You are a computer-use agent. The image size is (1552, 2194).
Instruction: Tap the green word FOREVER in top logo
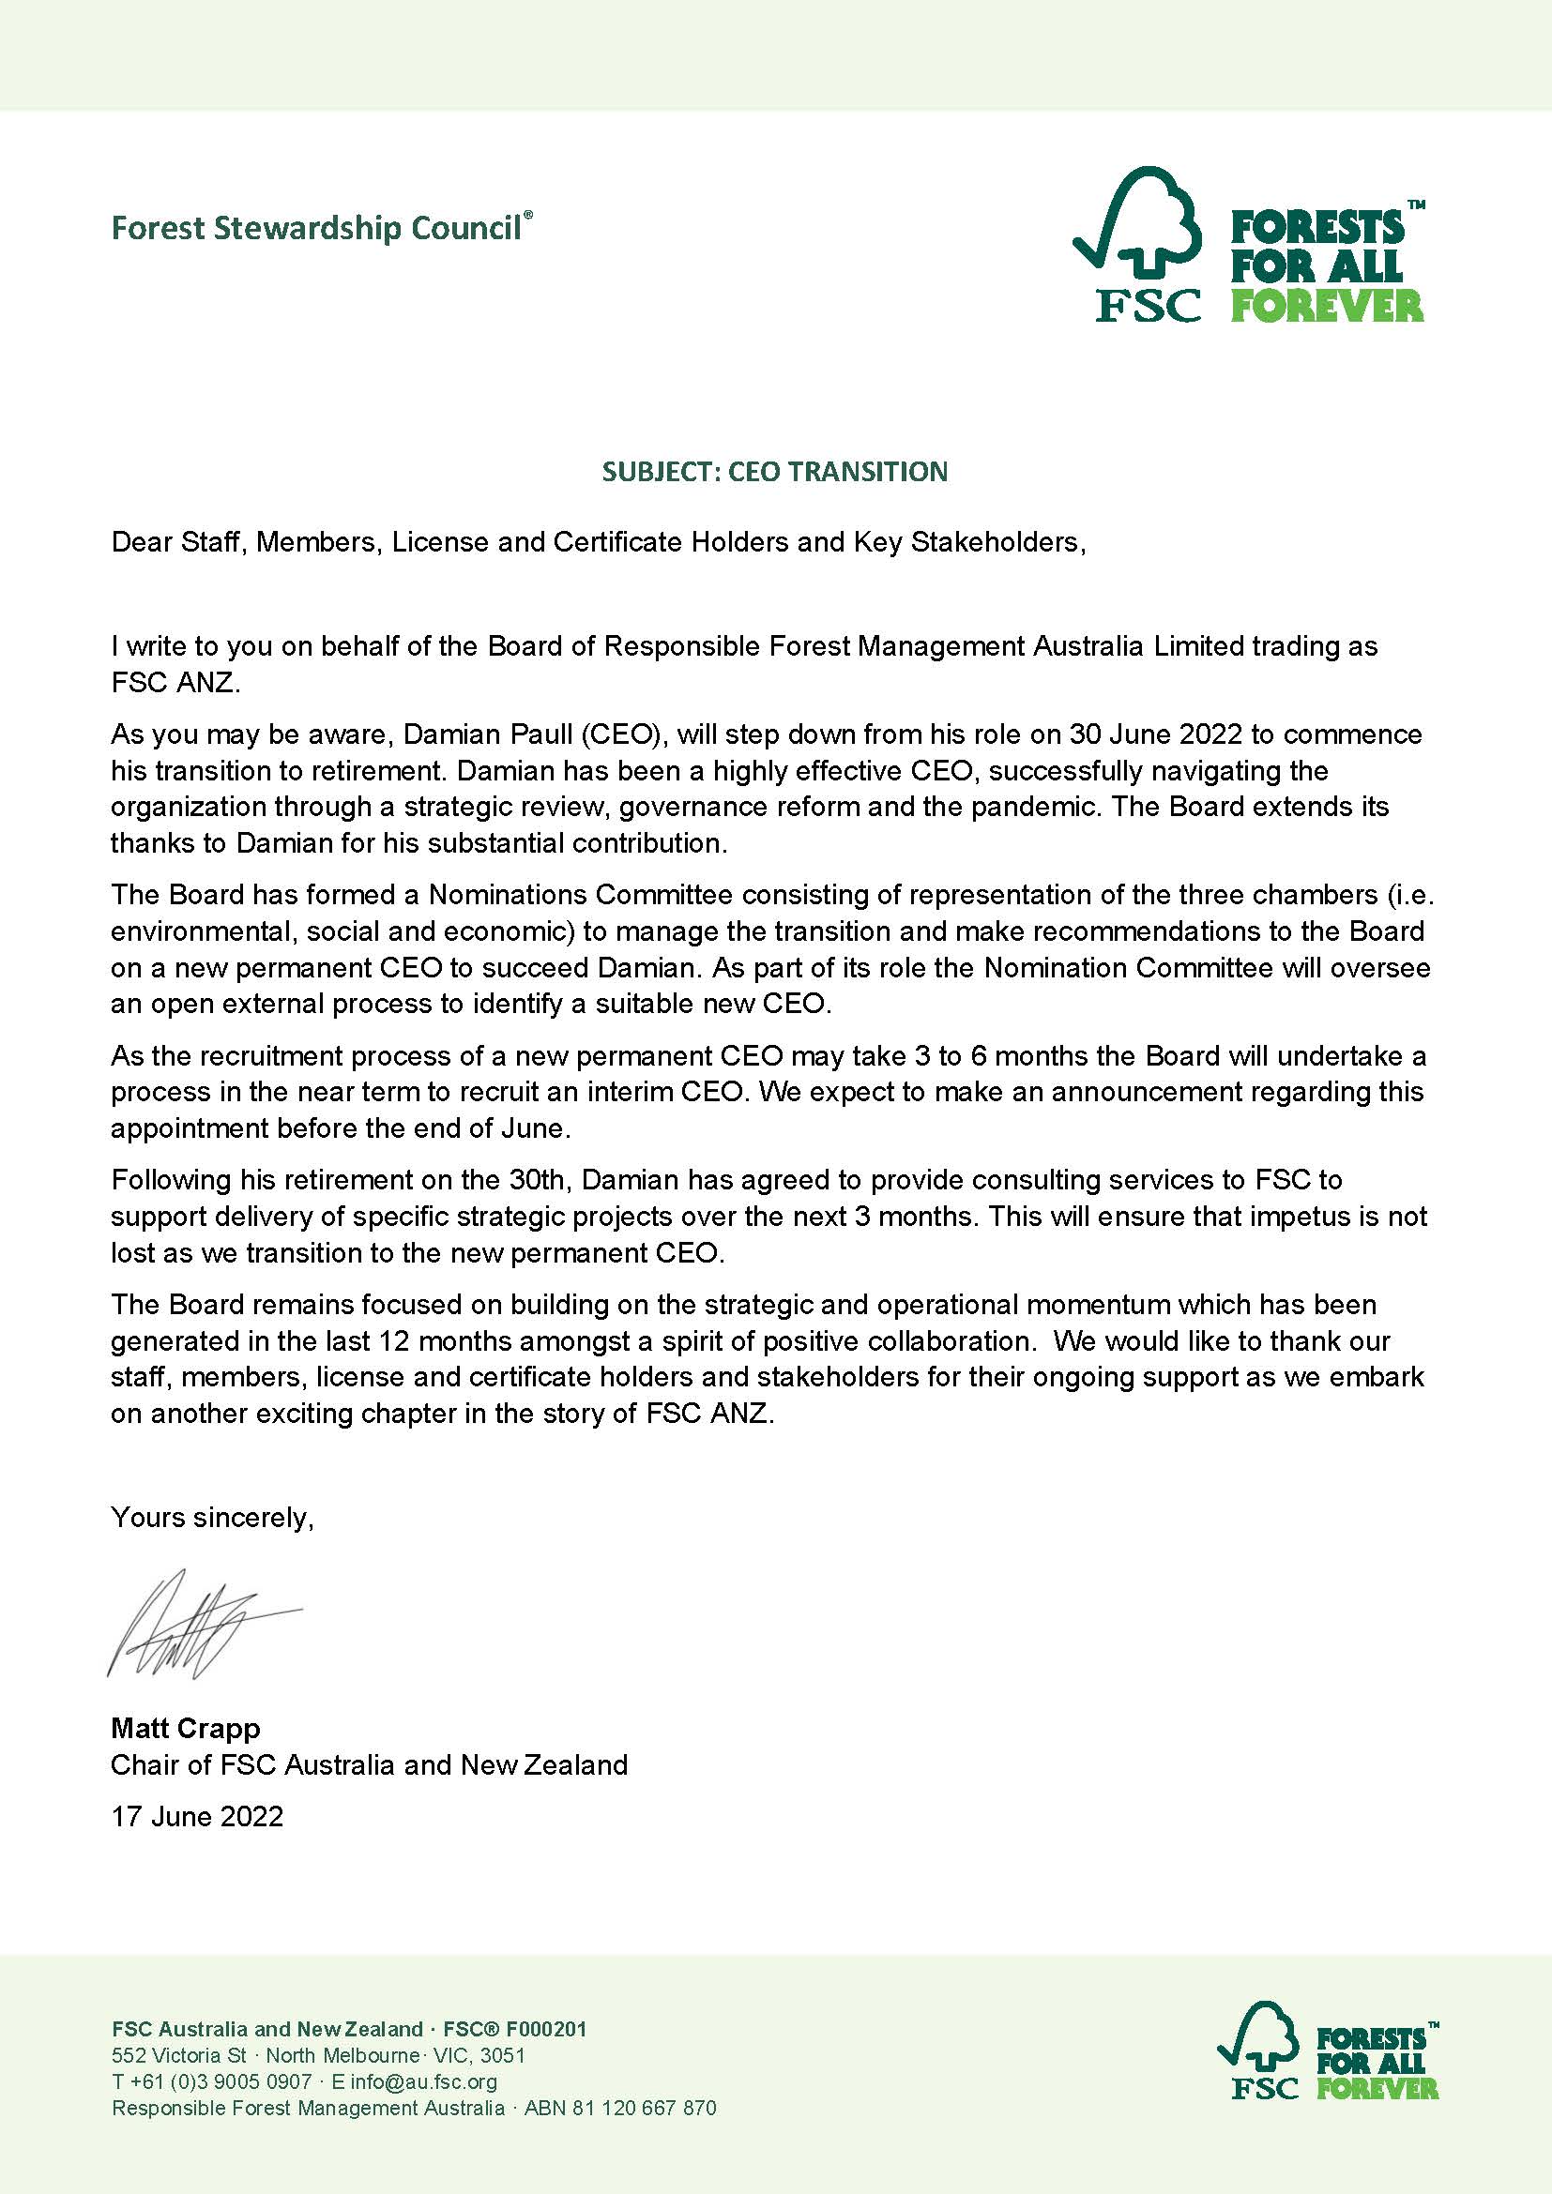1327,306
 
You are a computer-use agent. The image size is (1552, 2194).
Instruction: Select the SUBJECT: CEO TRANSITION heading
775,471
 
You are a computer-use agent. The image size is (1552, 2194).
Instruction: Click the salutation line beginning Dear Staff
599,542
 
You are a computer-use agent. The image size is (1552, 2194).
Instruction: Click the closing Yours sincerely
212,1517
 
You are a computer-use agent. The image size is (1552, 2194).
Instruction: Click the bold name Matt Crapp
186,1728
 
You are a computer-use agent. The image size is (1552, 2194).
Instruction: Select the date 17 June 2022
197,1816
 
